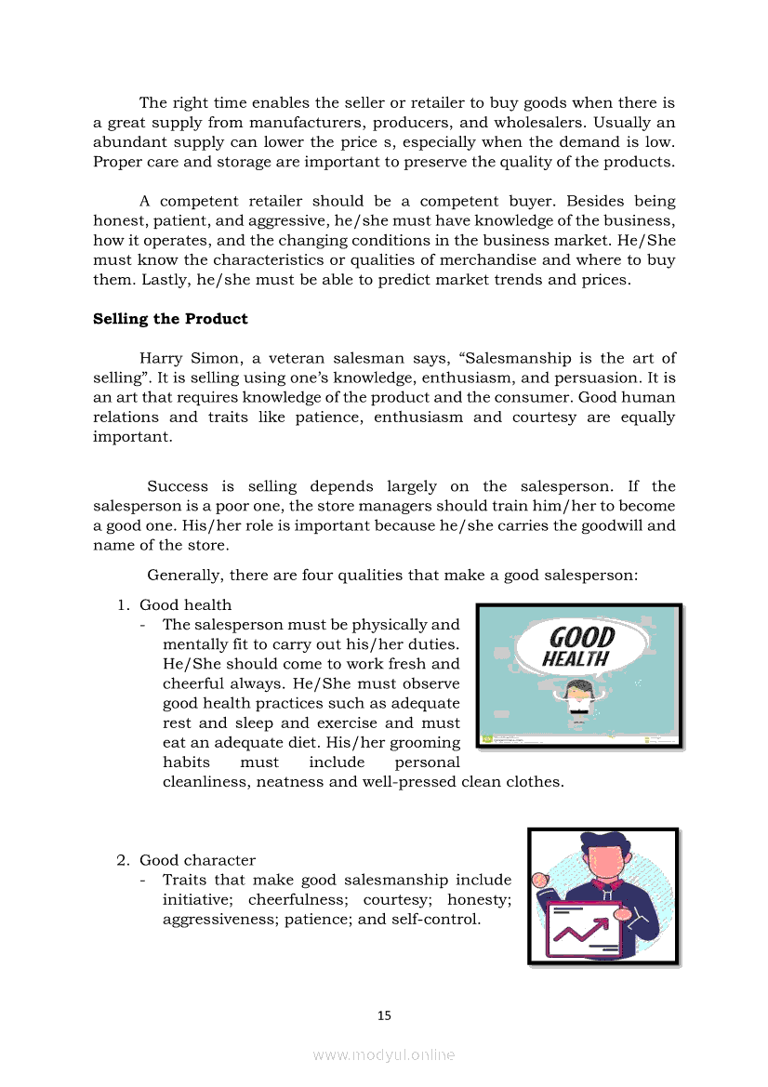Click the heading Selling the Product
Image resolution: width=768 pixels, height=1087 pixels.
point(170,319)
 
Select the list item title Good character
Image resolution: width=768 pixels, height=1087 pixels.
point(197,860)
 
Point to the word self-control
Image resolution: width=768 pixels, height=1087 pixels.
point(437,919)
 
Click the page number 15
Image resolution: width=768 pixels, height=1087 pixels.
point(384,1015)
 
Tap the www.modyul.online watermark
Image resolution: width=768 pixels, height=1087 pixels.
point(384,1054)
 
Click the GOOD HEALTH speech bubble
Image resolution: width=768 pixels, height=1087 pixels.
point(576,647)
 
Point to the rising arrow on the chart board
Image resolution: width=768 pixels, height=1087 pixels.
point(581,927)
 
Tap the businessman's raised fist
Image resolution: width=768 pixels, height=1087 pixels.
point(538,880)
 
